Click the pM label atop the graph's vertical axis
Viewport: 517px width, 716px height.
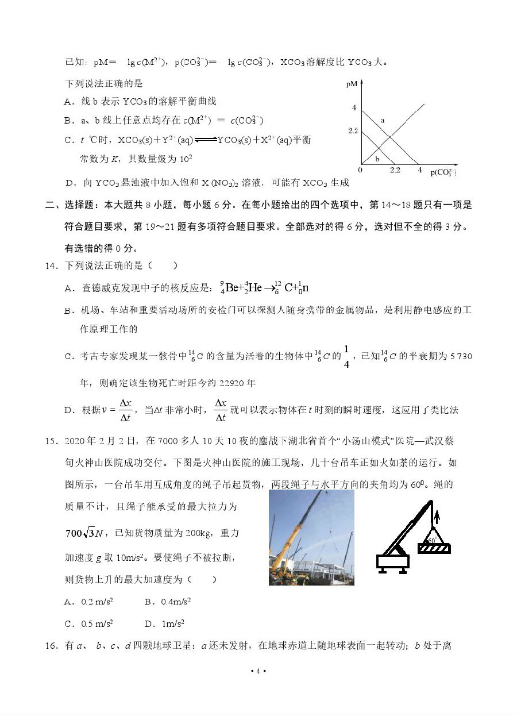pyautogui.click(x=352, y=84)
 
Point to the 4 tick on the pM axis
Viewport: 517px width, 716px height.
pyautogui.click(x=354, y=108)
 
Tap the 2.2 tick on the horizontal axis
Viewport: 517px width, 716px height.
pyautogui.click(x=395, y=170)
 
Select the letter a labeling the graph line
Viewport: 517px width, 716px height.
pyautogui.click(x=383, y=121)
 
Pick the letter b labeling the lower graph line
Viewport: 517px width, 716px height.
pyautogui.click(x=377, y=159)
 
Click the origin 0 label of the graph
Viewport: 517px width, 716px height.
pyautogui.click(x=360, y=170)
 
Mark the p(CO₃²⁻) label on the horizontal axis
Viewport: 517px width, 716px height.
pyautogui.click(x=446, y=171)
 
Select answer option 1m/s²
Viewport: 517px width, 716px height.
pyautogui.click(x=172, y=623)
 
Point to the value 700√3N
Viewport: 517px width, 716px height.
pyautogui.click(x=84, y=533)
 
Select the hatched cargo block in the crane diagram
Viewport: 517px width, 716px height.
pyautogui.click(x=434, y=549)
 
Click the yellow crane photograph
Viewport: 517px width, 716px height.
pyautogui.click(x=311, y=537)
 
